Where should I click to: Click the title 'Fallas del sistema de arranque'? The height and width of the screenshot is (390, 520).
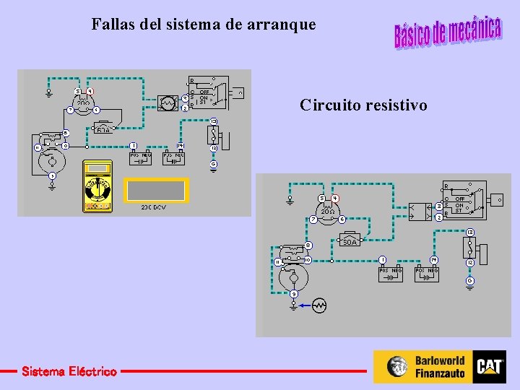click(x=204, y=24)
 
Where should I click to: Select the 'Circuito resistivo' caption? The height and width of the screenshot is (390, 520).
click(x=363, y=105)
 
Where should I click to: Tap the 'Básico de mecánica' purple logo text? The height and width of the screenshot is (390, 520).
click(x=447, y=31)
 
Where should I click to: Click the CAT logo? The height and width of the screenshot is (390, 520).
click(x=490, y=366)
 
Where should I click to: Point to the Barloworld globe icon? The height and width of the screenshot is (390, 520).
click(x=397, y=366)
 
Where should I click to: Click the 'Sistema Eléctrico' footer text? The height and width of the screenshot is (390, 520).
click(x=69, y=371)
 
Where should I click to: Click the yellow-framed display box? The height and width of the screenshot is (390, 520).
click(x=156, y=190)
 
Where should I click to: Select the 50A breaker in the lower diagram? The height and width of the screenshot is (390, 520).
click(x=350, y=240)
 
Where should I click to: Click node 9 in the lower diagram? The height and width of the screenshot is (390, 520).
click(x=295, y=293)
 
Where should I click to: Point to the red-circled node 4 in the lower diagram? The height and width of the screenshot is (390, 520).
click(x=335, y=199)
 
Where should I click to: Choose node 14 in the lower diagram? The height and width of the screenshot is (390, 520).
click(x=433, y=259)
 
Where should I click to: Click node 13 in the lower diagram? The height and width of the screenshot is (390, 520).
click(x=469, y=232)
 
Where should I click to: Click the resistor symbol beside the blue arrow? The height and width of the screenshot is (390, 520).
click(x=318, y=305)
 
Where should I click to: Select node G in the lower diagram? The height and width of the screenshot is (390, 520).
click(x=469, y=279)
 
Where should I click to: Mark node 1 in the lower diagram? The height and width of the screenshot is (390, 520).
click(x=383, y=259)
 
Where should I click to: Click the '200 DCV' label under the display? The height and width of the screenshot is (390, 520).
click(x=154, y=207)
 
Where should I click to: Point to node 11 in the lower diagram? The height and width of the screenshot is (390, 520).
click(x=277, y=261)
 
